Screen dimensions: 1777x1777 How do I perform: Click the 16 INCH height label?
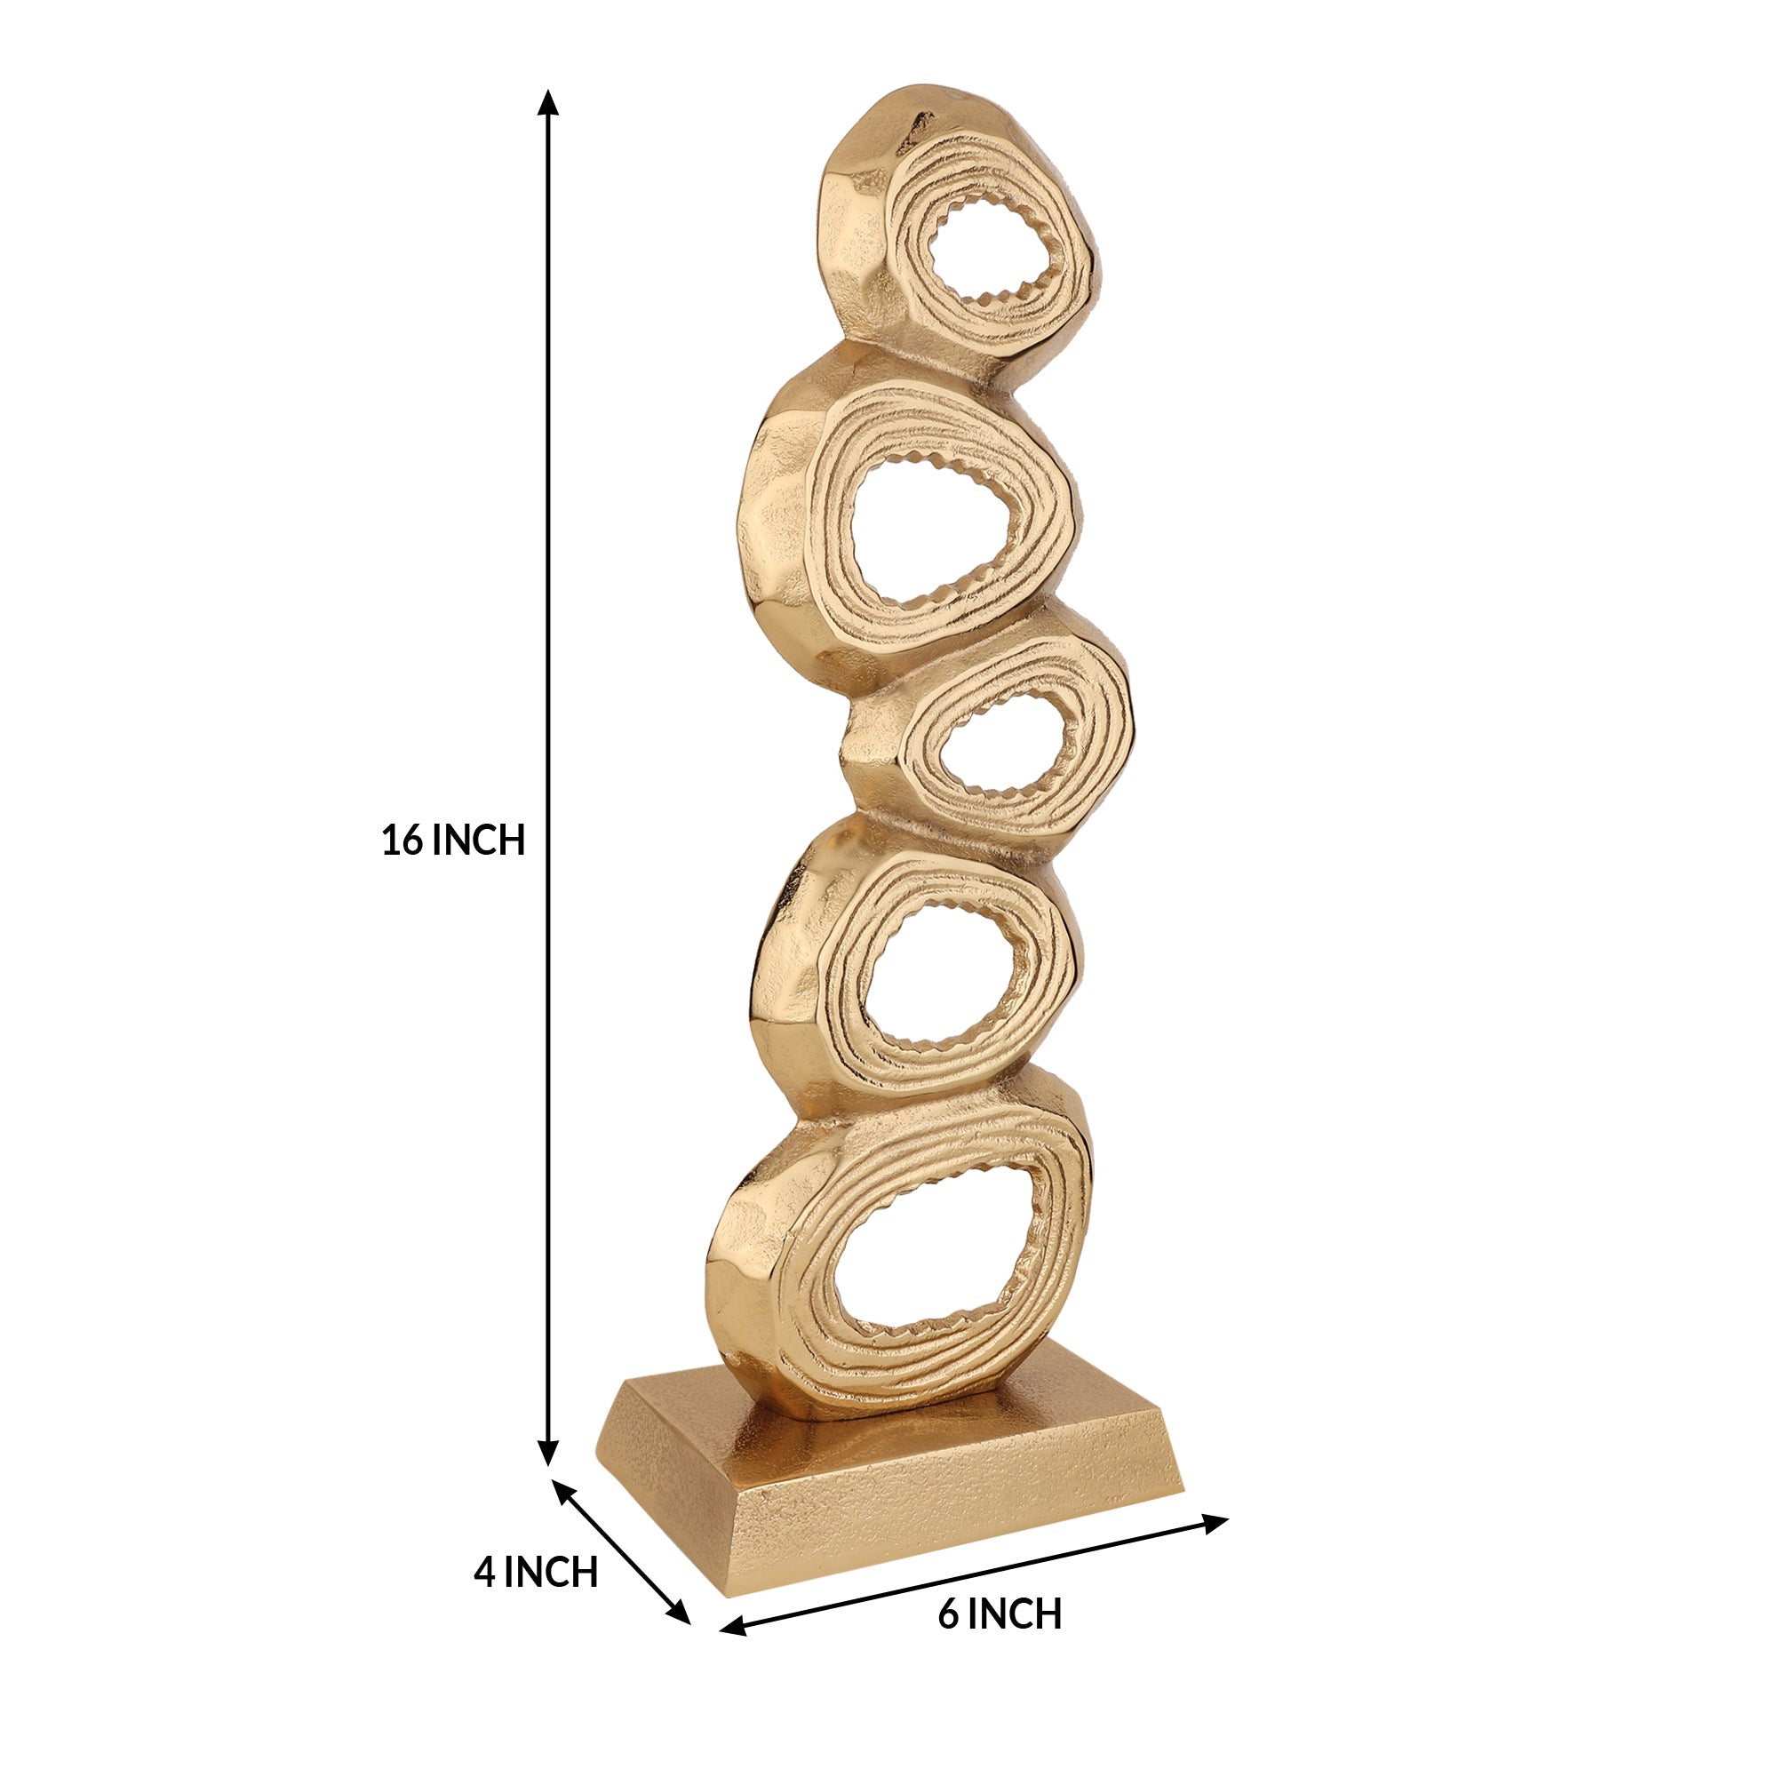click(x=452, y=841)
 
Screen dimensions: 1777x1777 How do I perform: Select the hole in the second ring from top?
click(x=934, y=531)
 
